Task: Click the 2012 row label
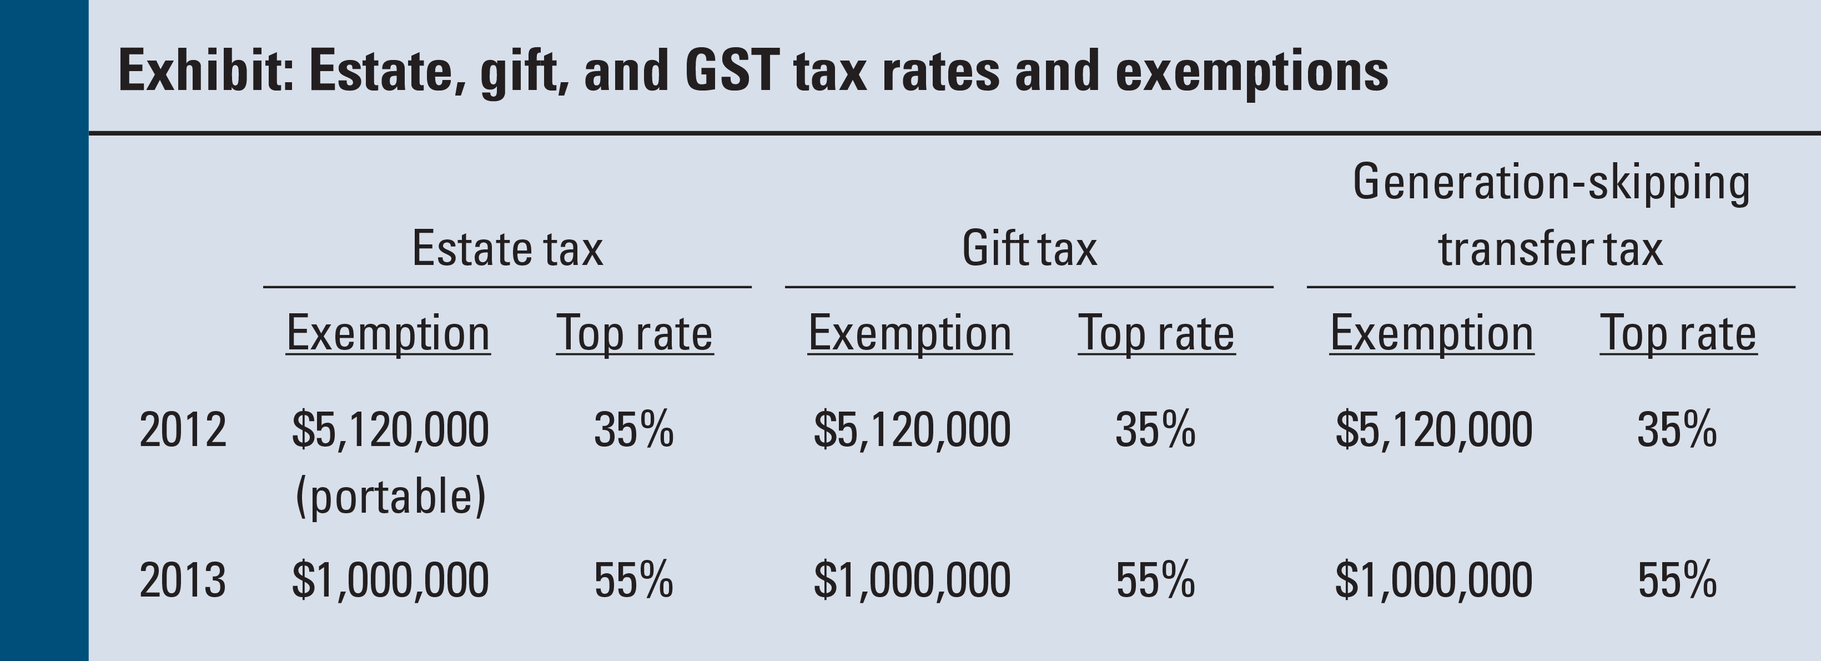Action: [183, 430]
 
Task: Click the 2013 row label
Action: [183, 580]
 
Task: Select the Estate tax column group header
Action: [507, 249]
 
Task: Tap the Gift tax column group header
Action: [1029, 249]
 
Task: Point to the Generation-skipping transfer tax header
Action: [1551, 216]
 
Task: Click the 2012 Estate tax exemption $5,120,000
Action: [390, 430]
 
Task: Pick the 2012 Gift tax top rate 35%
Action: [1155, 430]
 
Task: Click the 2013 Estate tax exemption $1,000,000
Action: [390, 580]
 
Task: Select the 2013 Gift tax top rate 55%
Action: [1155, 580]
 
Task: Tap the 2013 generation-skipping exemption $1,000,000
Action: [1433, 580]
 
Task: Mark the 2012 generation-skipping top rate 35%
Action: [1677, 430]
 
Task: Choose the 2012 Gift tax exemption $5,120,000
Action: [912, 430]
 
